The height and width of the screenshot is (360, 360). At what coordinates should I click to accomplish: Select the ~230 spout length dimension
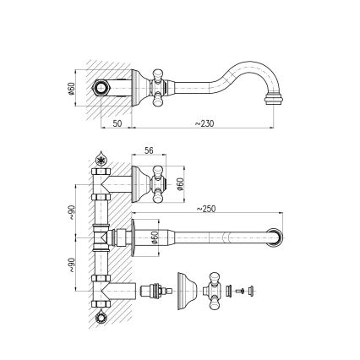[x=203, y=123]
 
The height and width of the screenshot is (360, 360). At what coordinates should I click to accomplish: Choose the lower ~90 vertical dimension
[x=74, y=267]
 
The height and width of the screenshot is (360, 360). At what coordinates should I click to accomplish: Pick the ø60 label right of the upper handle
[x=179, y=183]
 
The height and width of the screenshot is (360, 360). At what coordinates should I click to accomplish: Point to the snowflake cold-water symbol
[x=103, y=157]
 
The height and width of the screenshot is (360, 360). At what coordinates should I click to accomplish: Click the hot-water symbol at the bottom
[x=103, y=317]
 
